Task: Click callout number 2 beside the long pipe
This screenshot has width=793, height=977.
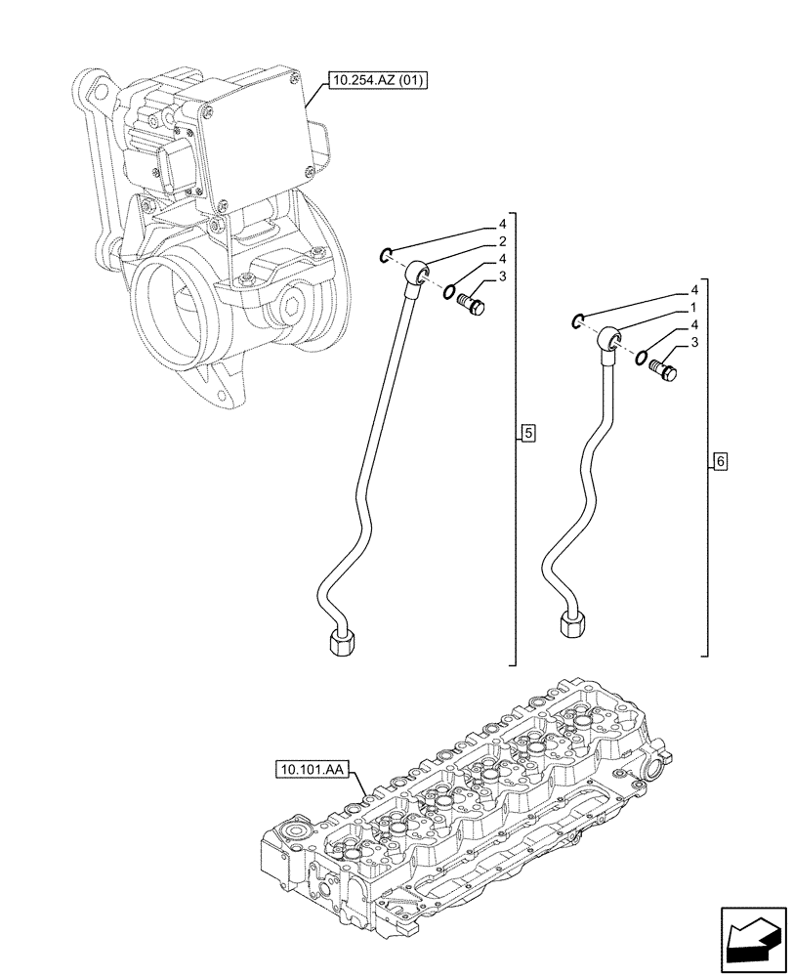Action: [x=501, y=240]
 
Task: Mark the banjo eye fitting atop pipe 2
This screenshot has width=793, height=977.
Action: [x=420, y=271]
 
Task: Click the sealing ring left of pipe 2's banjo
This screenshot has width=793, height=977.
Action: [x=387, y=256]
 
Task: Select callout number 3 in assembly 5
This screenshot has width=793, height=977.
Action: [x=501, y=276]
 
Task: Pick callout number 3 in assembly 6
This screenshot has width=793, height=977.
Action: [x=694, y=342]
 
